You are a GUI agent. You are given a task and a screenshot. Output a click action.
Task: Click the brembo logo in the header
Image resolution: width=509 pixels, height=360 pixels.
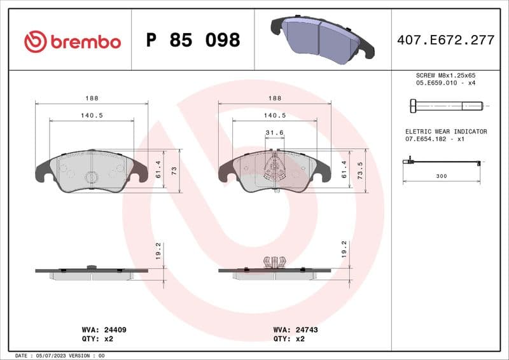[72, 41]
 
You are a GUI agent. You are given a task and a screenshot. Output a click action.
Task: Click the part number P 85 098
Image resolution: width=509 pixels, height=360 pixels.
[193, 40]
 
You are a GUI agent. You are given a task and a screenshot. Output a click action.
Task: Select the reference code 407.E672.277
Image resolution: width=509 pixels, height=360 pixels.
[445, 40]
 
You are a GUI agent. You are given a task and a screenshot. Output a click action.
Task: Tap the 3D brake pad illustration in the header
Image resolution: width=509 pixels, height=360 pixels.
[322, 38]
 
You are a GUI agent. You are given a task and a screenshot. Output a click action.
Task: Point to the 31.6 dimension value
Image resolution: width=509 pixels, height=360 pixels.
[274, 133]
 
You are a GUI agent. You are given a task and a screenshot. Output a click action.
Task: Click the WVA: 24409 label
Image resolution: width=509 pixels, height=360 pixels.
[105, 330]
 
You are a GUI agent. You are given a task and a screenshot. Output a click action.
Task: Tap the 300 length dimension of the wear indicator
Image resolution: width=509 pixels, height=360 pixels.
[441, 176]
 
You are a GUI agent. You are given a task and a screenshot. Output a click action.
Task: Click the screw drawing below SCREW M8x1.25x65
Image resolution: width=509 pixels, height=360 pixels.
[443, 105]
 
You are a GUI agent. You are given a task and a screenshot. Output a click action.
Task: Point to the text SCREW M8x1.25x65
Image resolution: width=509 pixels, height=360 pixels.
[445, 75]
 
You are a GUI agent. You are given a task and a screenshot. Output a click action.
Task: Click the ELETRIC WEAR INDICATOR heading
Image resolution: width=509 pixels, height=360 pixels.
[445, 132]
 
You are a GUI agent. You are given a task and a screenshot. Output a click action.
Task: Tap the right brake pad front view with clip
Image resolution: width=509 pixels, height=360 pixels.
[274, 170]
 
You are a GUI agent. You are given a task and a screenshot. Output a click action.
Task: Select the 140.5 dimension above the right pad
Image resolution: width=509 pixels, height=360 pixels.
[274, 116]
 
